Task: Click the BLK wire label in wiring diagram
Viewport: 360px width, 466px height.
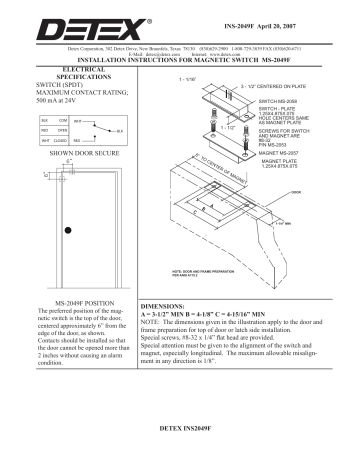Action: pos(119,131)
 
